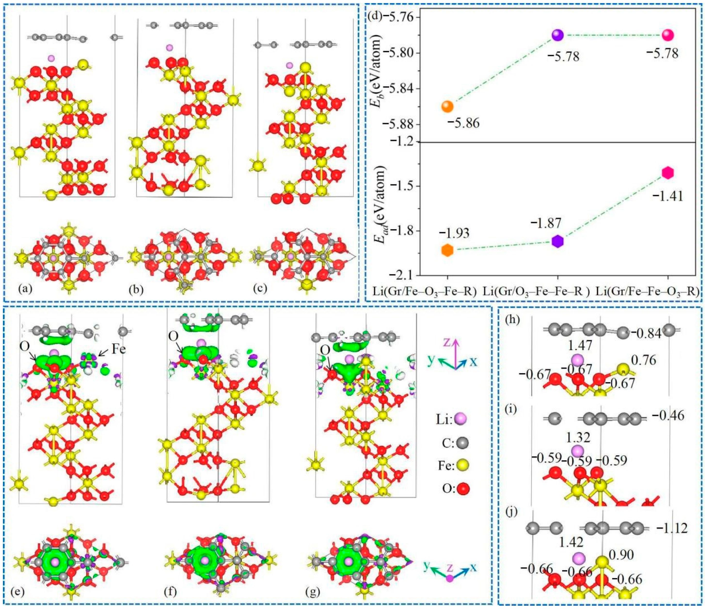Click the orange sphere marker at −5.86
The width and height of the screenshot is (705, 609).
(447, 106)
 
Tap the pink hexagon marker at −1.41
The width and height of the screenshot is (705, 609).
(668, 173)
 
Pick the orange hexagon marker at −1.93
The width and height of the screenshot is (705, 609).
(447, 250)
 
